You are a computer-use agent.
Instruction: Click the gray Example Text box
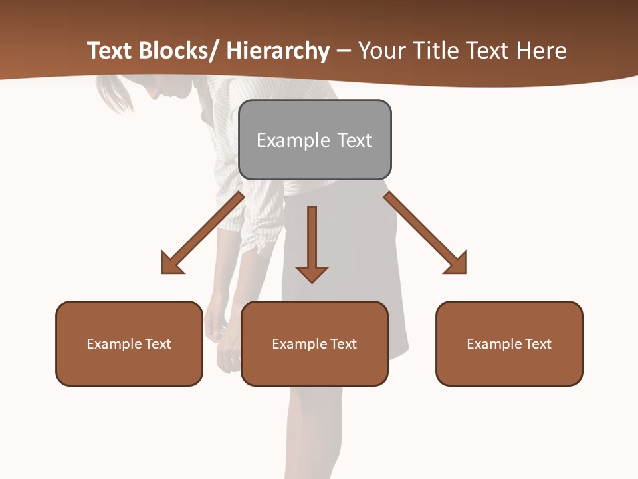[314, 140]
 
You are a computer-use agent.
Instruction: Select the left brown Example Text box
[129, 343]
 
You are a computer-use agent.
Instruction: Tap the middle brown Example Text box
[314, 343]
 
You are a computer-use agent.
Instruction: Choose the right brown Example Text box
[509, 343]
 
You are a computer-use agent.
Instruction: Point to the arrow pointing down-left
[203, 233]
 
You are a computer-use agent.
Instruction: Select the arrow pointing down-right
[425, 233]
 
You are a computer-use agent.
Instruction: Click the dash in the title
[344, 51]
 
